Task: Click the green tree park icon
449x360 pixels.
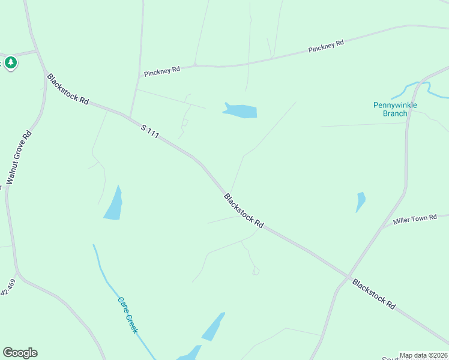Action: point(10,63)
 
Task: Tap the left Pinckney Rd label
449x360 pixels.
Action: point(162,70)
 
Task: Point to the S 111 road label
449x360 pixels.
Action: point(150,131)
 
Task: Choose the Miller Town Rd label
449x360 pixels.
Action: point(415,220)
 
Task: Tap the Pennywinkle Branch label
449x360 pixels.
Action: point(395,109)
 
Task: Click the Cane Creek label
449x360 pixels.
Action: point(128,315)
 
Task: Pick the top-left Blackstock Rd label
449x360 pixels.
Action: point(68,89)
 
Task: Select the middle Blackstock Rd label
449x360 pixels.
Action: point(244,210)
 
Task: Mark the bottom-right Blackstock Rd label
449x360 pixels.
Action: point(374,294)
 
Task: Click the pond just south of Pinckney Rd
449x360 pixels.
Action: point(241,111)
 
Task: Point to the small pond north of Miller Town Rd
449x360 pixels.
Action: point(360,200)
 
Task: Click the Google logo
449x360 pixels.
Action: point(20,353)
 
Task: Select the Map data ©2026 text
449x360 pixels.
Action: point(423,355)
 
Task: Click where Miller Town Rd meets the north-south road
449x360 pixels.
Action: point(382,228)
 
